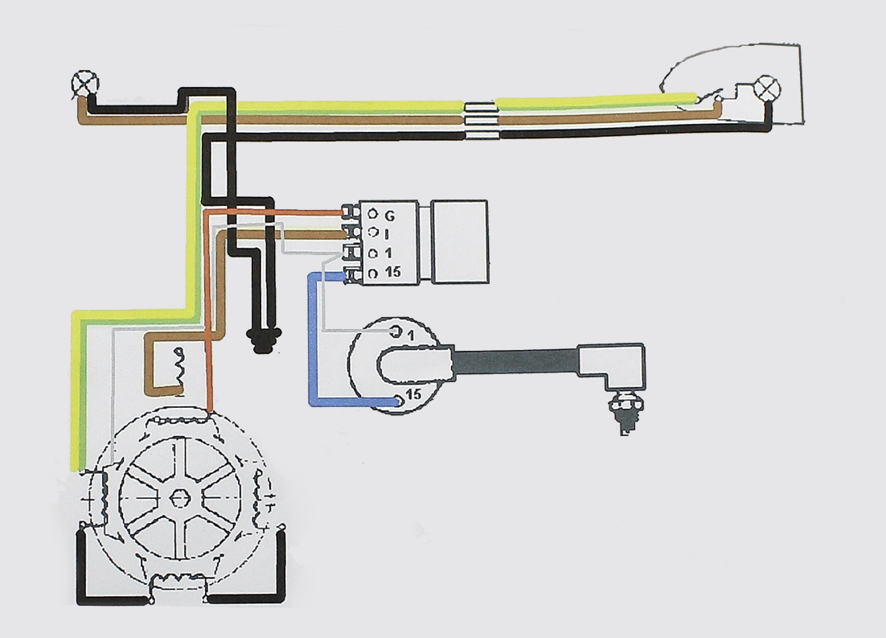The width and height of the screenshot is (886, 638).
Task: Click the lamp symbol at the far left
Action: click(x=84, y=82)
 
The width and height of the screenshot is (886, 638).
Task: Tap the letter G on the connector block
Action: click(x=390, y=216)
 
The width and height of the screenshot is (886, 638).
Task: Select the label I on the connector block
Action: click(x=388, y=234)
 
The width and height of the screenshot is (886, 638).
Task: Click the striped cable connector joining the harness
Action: click(x=481, y=121)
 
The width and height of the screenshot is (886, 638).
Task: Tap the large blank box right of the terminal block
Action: click(x=459, y=241)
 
